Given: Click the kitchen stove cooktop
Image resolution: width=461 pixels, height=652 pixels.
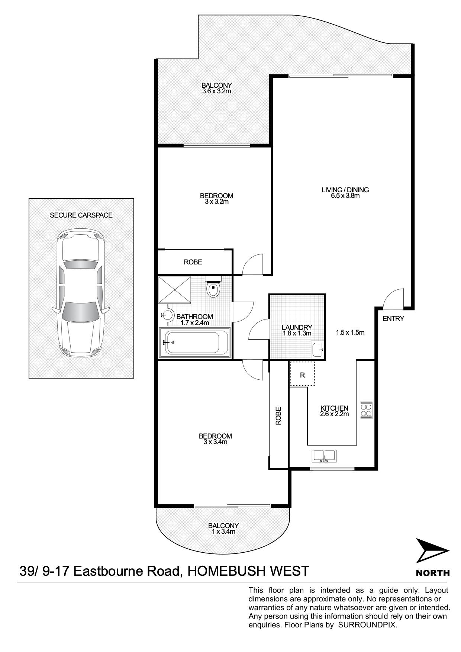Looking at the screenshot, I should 366,410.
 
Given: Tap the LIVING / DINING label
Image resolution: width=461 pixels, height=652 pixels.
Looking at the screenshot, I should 345,190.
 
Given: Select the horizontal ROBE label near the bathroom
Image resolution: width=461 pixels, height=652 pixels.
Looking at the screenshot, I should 193,262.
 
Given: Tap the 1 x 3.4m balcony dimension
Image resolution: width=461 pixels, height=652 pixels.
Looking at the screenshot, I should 223,531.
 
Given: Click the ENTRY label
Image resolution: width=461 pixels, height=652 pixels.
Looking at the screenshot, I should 393,319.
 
